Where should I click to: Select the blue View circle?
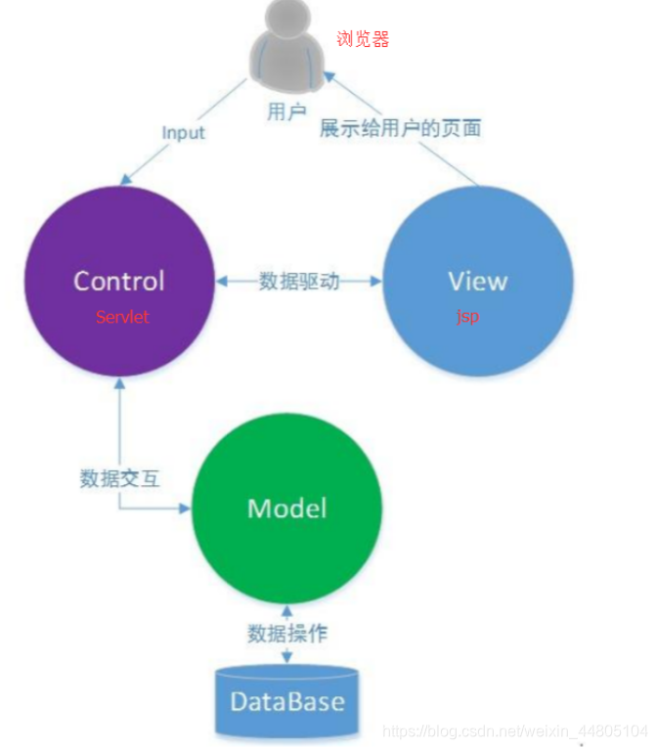(x=476, y=281)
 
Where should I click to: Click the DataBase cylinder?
(x=286, y=701)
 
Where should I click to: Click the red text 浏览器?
(x=363, y=39)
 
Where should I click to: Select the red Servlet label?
(x=122, y=317)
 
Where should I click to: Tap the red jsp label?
(x=467, y=317)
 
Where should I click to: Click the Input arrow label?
(x=184, y=132)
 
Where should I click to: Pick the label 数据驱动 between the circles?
(x=299, y=282)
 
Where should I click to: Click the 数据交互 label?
(x=119, y=479)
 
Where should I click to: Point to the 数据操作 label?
(x=286, y=634)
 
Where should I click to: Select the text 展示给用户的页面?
(x=400, y=128)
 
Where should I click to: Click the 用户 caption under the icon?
(x=286, y=111)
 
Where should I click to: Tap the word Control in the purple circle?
(x=119, y=281)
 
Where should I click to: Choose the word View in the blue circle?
(x=477, y=281)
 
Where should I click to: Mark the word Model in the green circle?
(x=286, y=507)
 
